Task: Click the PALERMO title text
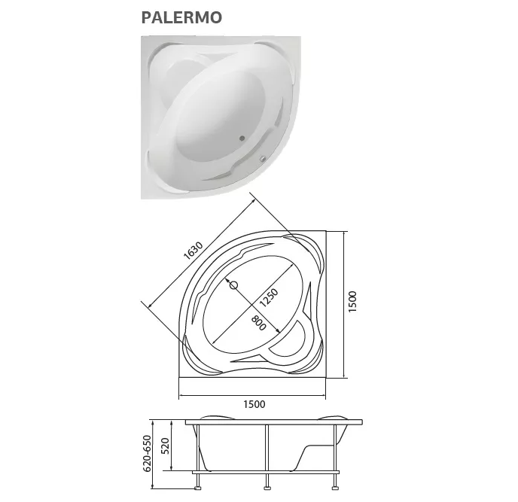pos(181,17)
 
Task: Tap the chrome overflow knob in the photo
pos(263,158)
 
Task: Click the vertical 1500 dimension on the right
pos(352,303)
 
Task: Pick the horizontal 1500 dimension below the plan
pos(254,404)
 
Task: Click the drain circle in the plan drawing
pos(232,285)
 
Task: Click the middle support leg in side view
pos(267,452)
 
